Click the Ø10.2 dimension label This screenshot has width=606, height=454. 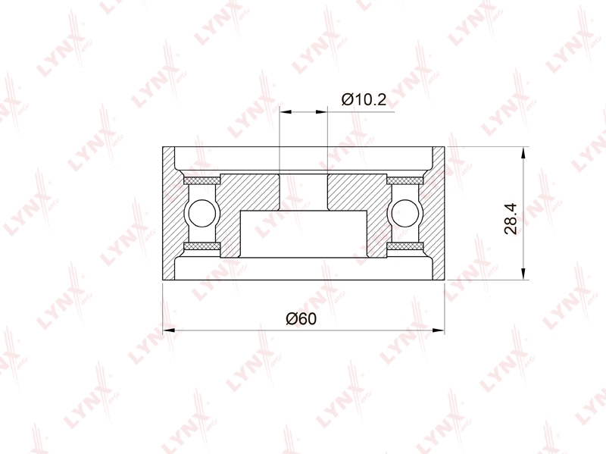(x=364, y=99)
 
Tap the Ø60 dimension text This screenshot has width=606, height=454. (x=301, y=318)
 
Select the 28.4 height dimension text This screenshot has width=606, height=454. (x=511, y=219)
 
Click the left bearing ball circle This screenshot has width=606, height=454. (x=201, y=214)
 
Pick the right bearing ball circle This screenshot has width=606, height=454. (x=405, y=214)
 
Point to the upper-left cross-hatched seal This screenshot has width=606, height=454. (x=202, y=180)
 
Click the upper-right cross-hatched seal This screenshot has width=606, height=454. (x=405, y=180)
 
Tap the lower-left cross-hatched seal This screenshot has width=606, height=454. (x=202, y=246)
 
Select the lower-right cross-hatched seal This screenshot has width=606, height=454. (x=405, y=246)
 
